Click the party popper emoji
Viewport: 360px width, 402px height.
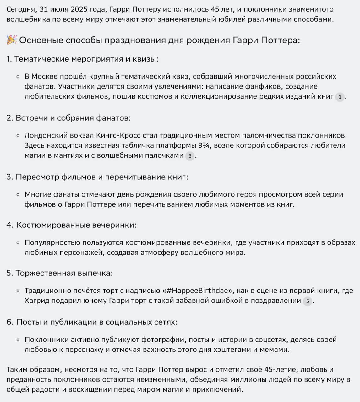click(12, 40)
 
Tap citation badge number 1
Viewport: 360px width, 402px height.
click(340, 97)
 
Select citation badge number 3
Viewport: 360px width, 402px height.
click(190, 156)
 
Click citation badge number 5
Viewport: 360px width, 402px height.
click(308, 301)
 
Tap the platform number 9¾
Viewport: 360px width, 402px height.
click(205, 145)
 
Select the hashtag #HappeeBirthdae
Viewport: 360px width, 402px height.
click(200, 291)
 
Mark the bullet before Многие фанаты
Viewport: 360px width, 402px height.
click(18, 195)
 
